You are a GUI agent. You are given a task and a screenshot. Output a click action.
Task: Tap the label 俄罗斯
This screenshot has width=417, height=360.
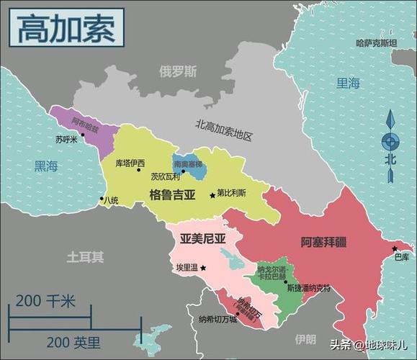(178, 71)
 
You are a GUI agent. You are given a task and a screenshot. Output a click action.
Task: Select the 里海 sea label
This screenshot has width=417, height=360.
(348, 84)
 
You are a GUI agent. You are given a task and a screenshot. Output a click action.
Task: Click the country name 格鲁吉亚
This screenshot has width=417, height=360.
(172, 194)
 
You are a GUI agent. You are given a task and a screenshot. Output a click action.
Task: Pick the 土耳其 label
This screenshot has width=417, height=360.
(85, 256)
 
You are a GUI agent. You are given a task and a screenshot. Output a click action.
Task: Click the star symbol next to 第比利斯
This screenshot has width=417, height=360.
(212, 195)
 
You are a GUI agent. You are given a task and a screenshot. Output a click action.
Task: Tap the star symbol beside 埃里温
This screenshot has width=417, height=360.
(203, 268)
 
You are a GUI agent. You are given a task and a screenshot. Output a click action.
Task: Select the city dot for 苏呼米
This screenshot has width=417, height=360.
(82, 134)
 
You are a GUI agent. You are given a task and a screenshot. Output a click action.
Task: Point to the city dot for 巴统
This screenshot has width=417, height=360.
(102, 199)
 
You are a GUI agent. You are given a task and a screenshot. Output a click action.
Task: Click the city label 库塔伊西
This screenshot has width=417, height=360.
(130, 163)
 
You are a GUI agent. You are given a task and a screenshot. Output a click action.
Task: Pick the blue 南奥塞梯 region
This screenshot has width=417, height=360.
(189, 167)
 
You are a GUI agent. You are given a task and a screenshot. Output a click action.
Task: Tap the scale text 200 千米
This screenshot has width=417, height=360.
(45, 301)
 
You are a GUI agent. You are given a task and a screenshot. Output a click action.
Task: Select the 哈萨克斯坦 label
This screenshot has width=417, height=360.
(376, 43)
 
